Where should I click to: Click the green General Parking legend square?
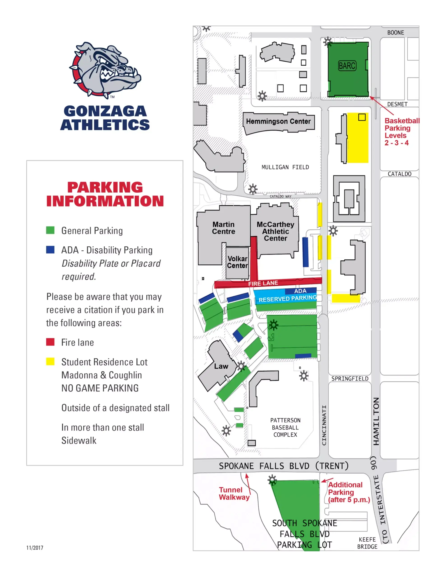(x=50, y=230)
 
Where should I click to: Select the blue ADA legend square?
(x=50, y=250)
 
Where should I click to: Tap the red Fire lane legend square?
(x=50, y=342)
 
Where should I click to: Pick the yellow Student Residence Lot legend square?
(x=50, y=362)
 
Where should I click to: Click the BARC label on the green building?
(x=347, y=66)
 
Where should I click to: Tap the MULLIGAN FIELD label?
(x=285, y=167)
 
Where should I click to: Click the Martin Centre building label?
(x=223, y=228)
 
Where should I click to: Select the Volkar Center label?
(x=237, y=262)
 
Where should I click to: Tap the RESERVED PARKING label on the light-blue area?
(x=287, y=299)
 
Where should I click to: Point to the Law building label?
(x=221, y=366)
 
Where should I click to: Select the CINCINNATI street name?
(x=324, y=425)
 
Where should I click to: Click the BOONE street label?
(x=395, y=33)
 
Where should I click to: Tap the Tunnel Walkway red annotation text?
(x=234, y=493)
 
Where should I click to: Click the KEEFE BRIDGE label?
(x=367, y=543)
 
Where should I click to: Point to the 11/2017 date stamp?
(x=35, y=548)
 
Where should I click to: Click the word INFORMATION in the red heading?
(x=105, y=201)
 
